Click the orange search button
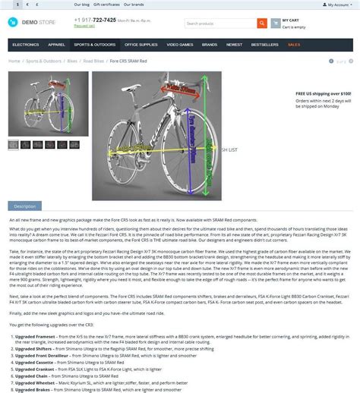[x=262, y=24]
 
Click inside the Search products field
[x=220, y=24]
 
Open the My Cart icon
[x=275, y=24]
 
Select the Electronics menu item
[x=26, y=45]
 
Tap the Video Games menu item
[x=180, y=45]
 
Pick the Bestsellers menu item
[x=264, y=45]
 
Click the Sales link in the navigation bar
[x=293, y=45]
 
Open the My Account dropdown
[x=338, y=5]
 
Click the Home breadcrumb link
[x=14, y=61]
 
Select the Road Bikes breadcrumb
[x=93, y=61]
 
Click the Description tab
[x=24, y=206]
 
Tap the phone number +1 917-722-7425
[x=95, y=20]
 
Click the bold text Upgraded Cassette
[x=36, y=363]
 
